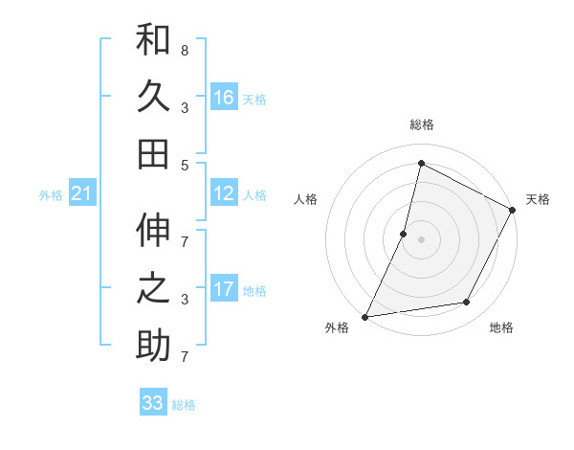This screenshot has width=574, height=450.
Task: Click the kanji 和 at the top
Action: point(153,42)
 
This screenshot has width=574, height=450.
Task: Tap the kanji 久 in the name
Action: point(153,98)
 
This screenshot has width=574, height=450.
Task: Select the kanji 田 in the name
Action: point(153,153)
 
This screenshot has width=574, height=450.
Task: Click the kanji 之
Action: point(153,288)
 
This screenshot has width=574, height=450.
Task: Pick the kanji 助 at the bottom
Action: point(153,345)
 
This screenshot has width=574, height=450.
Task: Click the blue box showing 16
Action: point(224,98)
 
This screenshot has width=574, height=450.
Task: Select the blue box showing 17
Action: point(224,289)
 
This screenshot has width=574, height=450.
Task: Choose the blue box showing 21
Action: point(82,194)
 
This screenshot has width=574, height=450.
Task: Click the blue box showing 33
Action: point(153,403)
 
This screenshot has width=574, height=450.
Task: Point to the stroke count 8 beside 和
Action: point(184,50)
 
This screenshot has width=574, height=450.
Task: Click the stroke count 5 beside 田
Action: point(184,165)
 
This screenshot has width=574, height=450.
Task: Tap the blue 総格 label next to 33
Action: point(185,405)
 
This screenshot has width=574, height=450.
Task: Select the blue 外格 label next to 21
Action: point(51,195)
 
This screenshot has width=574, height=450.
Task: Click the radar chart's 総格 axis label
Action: point(421,125)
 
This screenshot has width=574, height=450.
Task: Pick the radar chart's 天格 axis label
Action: point(538,199)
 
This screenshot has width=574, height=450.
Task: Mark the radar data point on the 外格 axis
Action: point(364,316)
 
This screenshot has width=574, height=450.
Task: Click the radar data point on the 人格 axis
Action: point(404,234)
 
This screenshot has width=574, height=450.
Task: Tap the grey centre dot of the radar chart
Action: point(421,239)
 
